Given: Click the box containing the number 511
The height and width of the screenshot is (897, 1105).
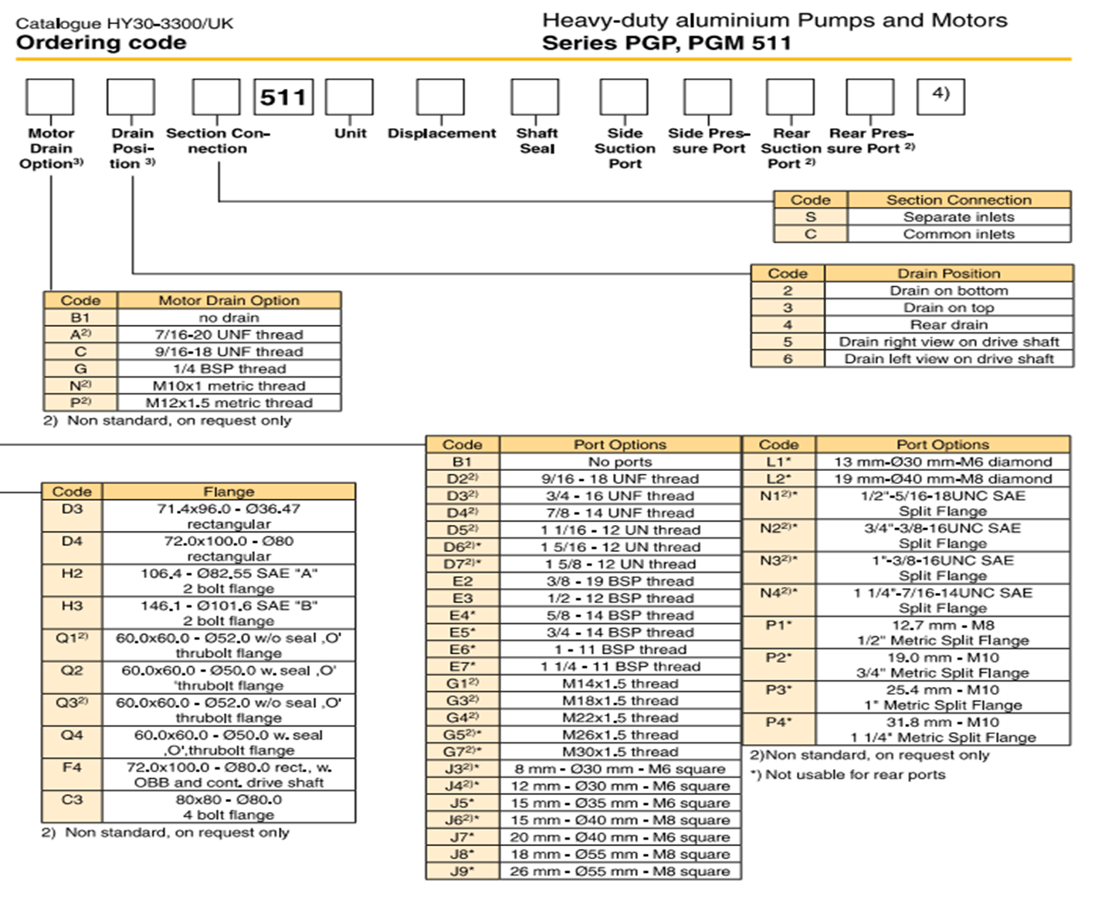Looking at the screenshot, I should pyautogui.click(x=283, y=96).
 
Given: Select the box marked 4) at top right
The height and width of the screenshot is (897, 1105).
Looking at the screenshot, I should pyautogui.click(x=940, y=96).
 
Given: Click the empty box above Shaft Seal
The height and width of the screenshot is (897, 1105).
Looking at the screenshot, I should pyautogui.click(x=534, y=97).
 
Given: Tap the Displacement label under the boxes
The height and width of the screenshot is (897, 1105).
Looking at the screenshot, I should pyautogui.click(x=442, y=134).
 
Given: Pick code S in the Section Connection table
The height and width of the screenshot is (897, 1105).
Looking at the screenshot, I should pyautogui.click(x=810, y=217).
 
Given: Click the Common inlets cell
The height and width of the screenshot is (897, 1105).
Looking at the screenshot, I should pyautogui.click(x=958, y=234).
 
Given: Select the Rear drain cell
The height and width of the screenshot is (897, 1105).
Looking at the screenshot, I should pyautogui.click(x=948, y=325).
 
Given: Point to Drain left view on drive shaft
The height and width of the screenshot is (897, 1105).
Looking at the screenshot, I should pyautogui.click(x=948, y=359).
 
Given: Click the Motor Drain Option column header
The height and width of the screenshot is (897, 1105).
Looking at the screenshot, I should pyautogui.click(x=229, y=300).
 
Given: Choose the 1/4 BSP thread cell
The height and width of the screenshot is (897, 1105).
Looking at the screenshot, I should pyautogui.click(x=229, y=369).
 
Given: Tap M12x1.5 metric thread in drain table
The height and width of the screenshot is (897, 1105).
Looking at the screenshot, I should pyautogui.click(x=229, y=403).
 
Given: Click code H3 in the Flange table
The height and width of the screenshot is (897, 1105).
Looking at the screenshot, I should pyautogui.click(x=72, y=606).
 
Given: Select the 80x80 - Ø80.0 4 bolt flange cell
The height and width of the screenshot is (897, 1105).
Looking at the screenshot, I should pyautogui.click(x=229, y=807).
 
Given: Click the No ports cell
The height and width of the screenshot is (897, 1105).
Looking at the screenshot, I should pyautogui.click(x=619, y=462).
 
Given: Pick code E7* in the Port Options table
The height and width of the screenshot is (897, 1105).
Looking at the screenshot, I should pyautogui.click(x=462, y=666).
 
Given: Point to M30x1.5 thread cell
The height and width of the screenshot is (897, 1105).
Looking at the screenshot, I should pyautogui.click(x=619, y=752).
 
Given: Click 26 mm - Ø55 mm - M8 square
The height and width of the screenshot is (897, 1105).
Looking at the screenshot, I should pyautogui.click(x=619, y=871).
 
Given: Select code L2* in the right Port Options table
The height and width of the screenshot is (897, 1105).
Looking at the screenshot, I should pyautogui.click(x=778, y=479).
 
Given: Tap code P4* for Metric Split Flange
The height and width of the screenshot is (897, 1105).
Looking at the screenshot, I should pyautogui.click(x=778, y=723).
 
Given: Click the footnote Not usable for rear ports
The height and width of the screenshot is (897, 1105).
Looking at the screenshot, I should pyautogui.click(x=848, y=774).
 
